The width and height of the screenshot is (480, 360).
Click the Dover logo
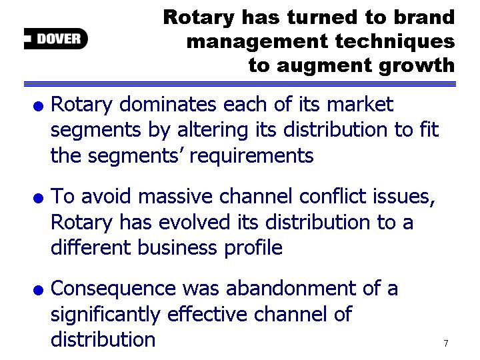56,39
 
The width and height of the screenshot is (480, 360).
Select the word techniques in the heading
395,42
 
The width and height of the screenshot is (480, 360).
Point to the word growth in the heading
417,65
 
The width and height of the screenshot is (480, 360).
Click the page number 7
446,343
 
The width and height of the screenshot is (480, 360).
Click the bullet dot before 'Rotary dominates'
38,107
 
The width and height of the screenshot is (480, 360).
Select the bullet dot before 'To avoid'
38,198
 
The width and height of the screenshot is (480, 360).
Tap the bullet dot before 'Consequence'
38,289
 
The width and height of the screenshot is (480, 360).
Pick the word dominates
168,104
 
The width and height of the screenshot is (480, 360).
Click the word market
360,104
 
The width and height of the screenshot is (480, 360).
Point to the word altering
213,131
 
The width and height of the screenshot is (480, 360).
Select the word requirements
251,156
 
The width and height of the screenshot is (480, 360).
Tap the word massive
175,196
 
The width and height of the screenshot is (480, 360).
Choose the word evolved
195,221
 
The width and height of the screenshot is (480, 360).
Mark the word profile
253,247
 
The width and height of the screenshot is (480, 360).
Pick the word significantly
105,315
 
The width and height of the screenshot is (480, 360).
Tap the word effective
207,314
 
